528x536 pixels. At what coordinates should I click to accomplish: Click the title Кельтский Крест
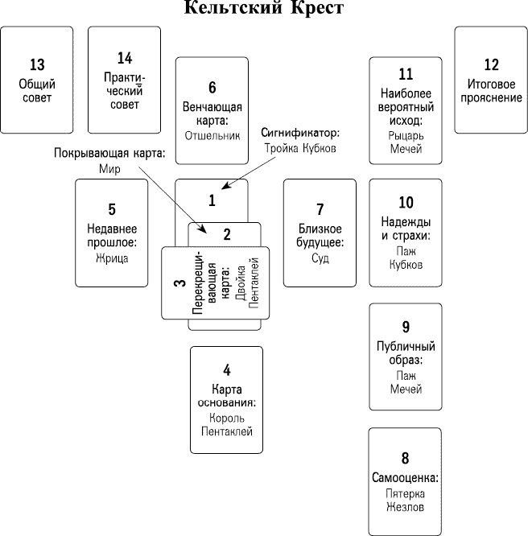[264, 9]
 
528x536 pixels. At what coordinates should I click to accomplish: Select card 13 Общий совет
[37, 80]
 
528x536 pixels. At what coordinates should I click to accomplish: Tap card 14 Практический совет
[124, 80]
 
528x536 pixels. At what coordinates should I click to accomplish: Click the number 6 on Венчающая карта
[212, 88]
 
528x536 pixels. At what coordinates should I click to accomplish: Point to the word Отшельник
[212, 135]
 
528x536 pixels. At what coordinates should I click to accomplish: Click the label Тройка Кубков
[299, 149]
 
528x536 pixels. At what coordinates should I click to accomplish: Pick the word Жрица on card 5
[111, 258]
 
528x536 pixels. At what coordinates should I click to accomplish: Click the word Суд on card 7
[320, 258]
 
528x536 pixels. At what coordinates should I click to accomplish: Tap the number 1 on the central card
[212, 200]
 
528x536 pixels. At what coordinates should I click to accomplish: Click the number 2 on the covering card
[227, 235]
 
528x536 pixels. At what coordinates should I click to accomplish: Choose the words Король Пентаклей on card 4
[226, 425]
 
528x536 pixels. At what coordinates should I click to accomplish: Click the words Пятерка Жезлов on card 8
[406, 500]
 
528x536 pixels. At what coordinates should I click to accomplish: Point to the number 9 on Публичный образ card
[406, 327]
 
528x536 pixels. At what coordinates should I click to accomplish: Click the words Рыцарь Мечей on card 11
[406, 142]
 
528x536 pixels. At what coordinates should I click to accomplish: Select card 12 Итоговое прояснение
[491, 80]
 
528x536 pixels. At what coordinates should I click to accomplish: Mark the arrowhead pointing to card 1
[226, 188]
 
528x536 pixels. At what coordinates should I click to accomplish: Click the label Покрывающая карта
[109, 153]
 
